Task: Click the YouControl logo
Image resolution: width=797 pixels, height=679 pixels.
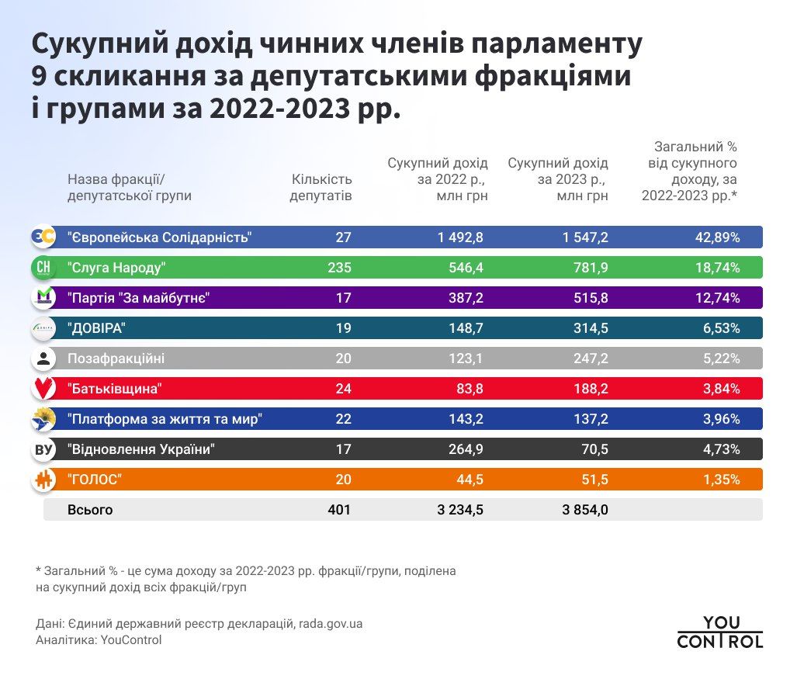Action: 719,632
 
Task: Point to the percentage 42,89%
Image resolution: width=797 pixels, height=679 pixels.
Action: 717,237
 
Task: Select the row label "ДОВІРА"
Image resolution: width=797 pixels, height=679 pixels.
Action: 96,328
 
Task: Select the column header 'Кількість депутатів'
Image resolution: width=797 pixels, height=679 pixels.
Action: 321,187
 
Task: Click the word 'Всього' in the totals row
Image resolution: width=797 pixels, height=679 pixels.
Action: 90,510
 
